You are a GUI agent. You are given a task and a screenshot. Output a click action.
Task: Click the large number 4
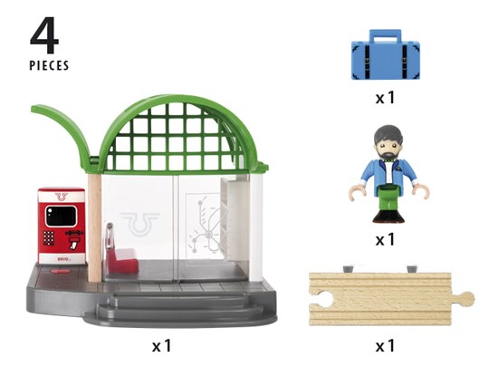click(x=44, y=35)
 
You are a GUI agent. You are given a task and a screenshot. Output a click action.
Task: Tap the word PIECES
click(x=49, y=65)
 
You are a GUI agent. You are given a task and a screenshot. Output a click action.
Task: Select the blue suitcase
click(x=386, y=54)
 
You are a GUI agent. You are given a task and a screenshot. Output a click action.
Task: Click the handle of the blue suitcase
click(x=385, y=35)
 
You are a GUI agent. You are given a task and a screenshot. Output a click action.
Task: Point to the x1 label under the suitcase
click(x=385, y=98)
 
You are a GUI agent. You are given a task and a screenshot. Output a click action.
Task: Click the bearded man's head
click(x=388, y=141)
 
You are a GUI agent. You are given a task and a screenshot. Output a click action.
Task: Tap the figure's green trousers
click(x=388, y=200)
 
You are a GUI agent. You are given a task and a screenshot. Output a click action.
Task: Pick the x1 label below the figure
click(x=385, y=239)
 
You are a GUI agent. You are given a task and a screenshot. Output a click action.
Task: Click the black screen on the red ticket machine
click(x=61, y=216)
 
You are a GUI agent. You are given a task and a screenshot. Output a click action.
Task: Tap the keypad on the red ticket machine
click(x=49, y=237)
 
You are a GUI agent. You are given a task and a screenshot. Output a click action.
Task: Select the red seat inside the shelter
click(x=121, y=261)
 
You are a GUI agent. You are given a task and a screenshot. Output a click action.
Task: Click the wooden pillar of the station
click(x=95, y=227)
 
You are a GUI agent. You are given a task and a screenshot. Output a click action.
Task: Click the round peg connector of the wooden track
click(x=467, y=299)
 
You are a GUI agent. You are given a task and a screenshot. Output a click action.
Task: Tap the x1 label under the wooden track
click(x=385, y=346)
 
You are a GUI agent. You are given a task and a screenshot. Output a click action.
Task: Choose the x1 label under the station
click(x=162, y=346)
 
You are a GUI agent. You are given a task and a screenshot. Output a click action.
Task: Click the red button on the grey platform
click(x=60, y=272)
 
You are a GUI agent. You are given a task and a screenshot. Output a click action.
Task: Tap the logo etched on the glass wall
click(x=139, y=224)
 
